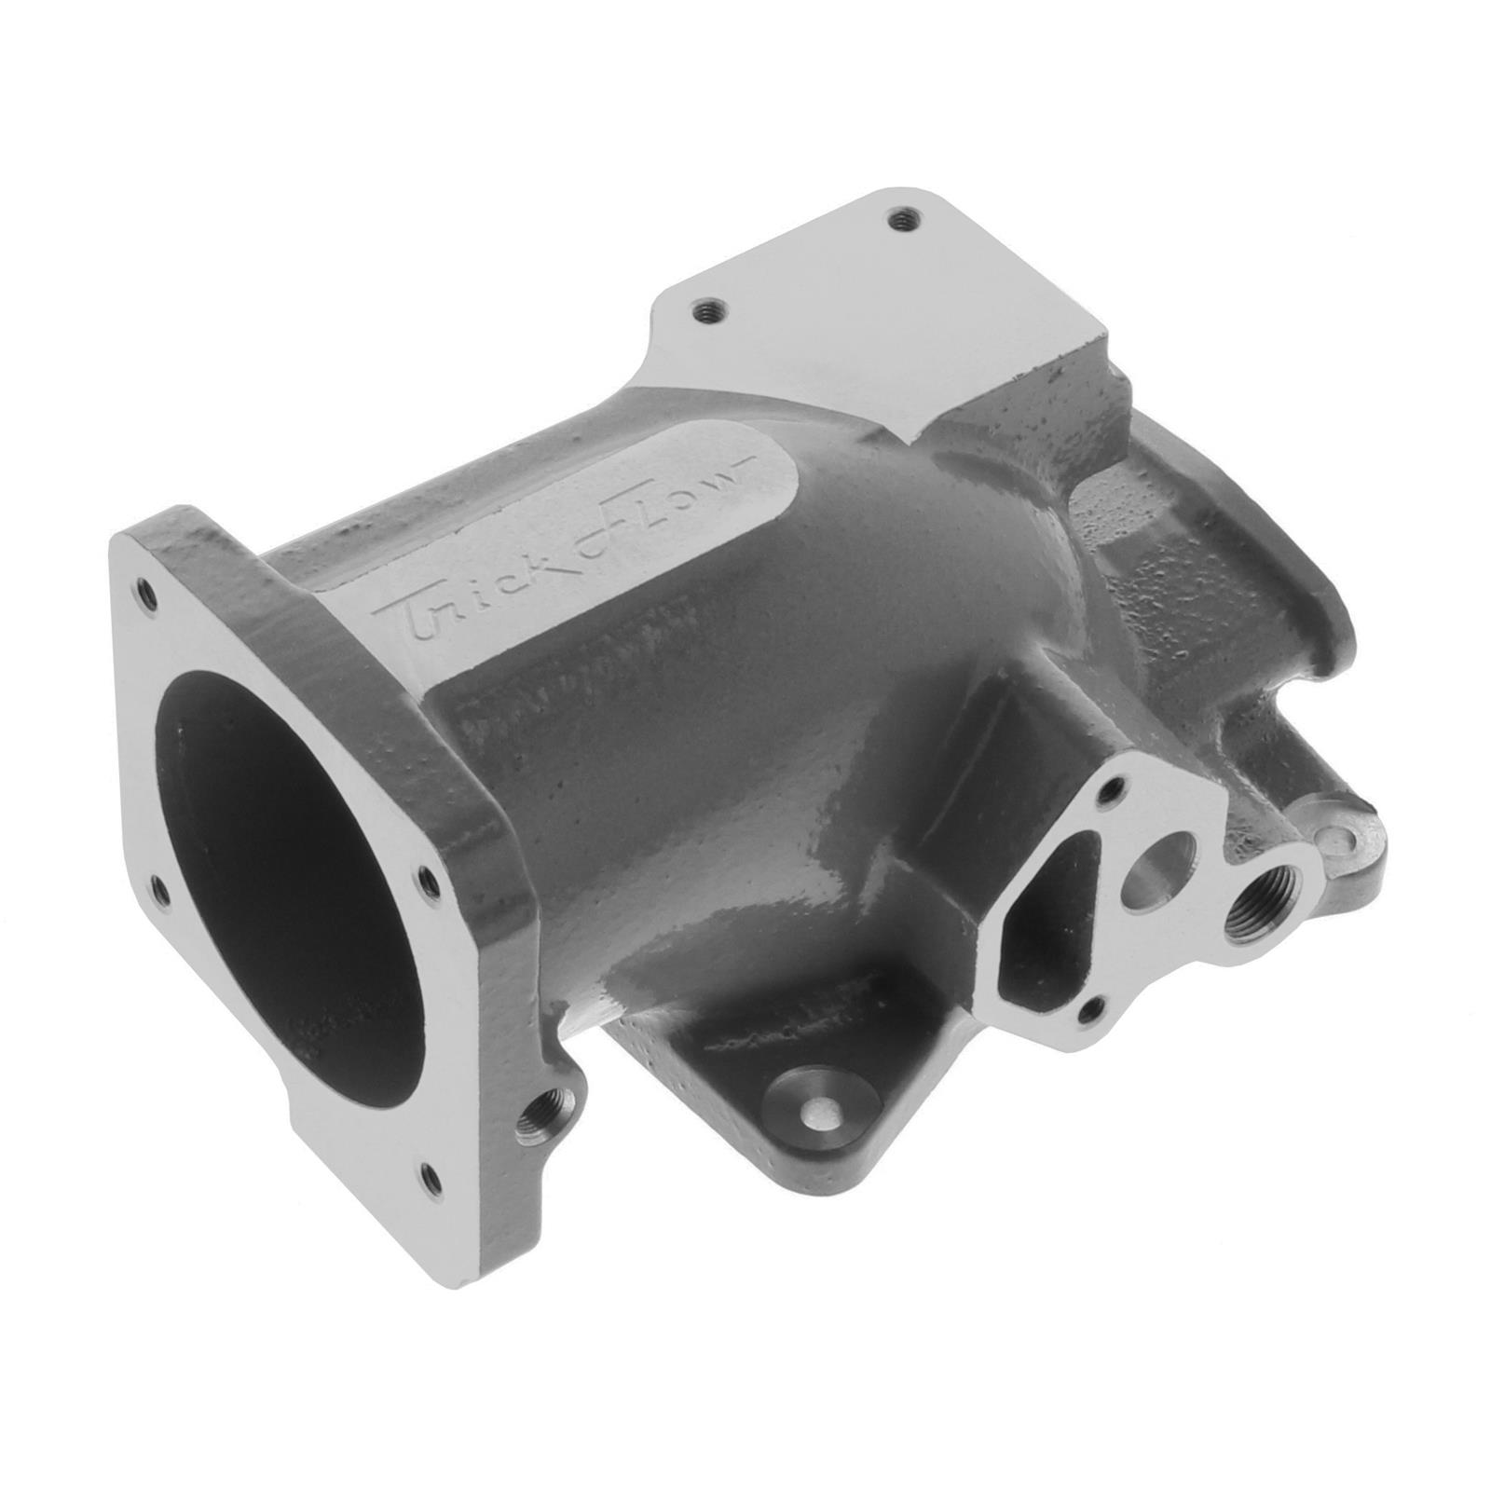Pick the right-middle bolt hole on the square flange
point(428,876)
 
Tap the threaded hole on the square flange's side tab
point(538,1112)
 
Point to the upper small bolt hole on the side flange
point(1109,795)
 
